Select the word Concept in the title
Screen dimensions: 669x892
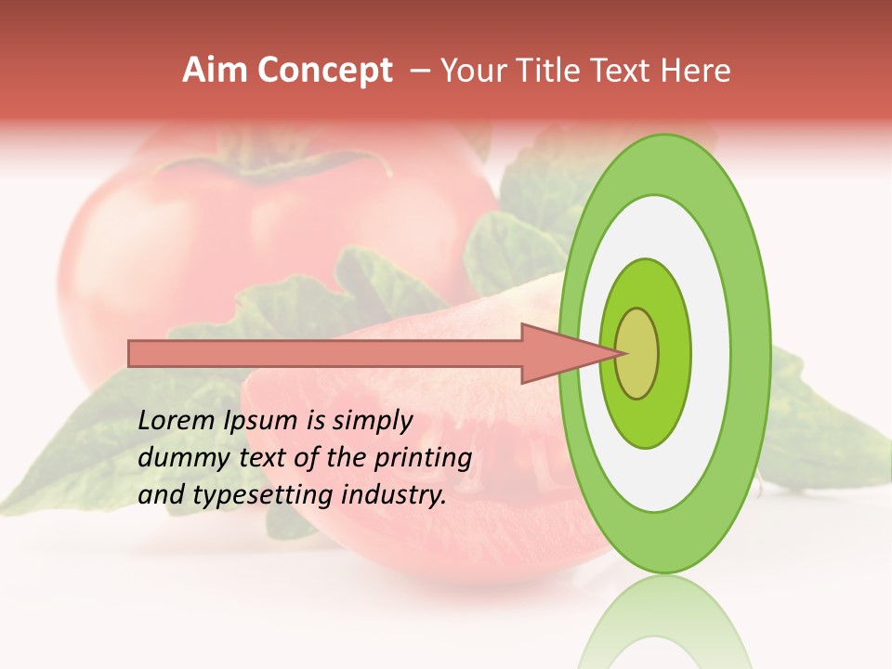pyautogui.click(x=325, y=71)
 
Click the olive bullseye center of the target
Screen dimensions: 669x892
pyautogui.click(x=636, y=353)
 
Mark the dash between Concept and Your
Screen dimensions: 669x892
pyautogui.click(x=419, y=71)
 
